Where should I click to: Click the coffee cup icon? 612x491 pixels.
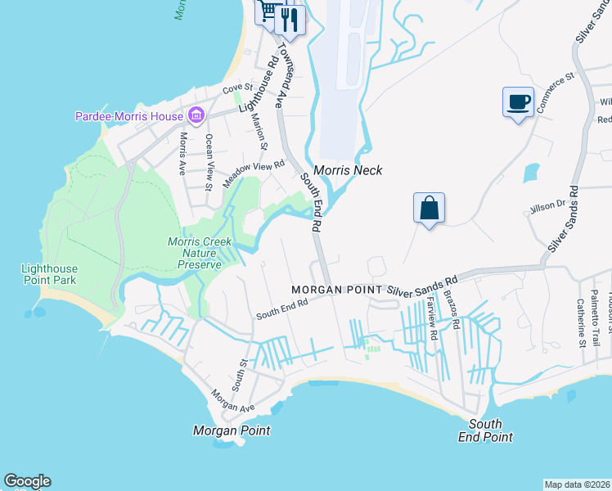tap(517, 102)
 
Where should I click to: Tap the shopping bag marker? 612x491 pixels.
tap(429, 208)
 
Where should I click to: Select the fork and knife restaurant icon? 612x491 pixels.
tap(289, 19)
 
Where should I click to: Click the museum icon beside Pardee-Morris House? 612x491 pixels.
tap(196, 116)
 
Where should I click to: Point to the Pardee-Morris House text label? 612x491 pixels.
tap(128, 116)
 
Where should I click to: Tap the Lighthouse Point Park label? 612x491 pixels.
tap(50, 275)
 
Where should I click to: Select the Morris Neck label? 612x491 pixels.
tap(349, 171)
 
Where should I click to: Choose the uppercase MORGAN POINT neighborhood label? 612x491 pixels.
tap(337, 291)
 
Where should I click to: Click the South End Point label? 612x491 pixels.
tap(491, 430)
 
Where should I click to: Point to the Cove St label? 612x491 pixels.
tap(238, 88)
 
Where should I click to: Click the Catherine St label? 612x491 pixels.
tap(580, 323)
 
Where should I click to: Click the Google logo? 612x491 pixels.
tap(27, 481)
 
